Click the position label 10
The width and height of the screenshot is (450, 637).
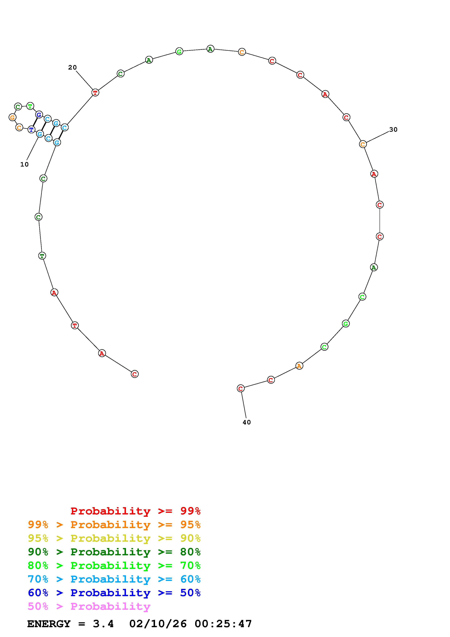24,164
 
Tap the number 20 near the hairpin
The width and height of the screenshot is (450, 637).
72,67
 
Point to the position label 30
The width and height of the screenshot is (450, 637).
393,130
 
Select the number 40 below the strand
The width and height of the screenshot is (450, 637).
247,422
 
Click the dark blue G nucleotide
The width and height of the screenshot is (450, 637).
39,115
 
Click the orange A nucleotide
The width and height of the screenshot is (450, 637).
299,366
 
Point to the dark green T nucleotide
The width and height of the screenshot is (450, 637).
42,256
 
